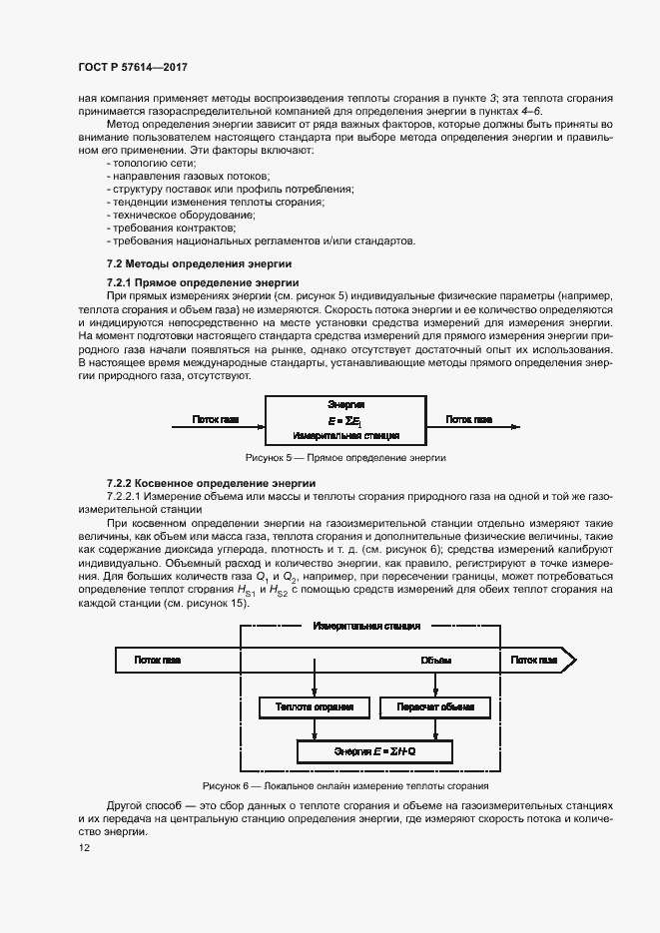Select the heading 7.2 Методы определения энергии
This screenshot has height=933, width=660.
tap(198, 264)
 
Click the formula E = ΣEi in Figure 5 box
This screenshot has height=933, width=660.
tap(345, 420)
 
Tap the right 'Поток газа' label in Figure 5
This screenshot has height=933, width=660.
tap(468, 419)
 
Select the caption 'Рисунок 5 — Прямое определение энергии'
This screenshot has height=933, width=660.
tap(345, 457)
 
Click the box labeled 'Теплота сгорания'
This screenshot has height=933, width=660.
tap(315, 707)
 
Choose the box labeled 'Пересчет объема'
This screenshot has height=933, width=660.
tap(435, 707)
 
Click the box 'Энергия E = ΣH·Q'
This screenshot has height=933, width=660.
tap(375, 750)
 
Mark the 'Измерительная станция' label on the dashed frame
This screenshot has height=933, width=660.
tap(365, 626)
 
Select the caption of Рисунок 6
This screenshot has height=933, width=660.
tap(345, 785)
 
